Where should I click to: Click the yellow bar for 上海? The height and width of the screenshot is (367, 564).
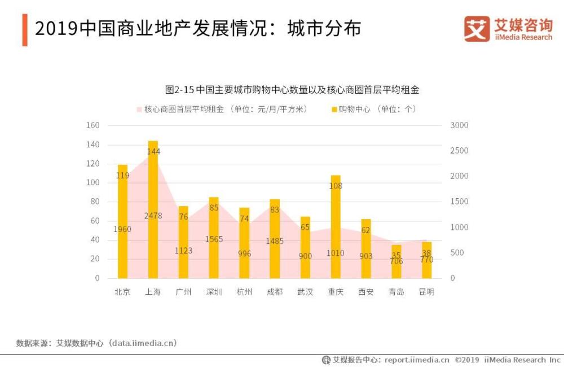153,209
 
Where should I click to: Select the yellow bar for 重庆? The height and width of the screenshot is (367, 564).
336,226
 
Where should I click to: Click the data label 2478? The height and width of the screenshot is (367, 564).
153,216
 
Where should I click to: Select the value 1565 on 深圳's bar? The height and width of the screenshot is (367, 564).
214,239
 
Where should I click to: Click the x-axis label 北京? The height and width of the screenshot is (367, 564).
122,292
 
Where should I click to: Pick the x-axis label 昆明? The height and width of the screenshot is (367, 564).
426,292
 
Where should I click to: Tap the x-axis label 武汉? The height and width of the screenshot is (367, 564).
305,292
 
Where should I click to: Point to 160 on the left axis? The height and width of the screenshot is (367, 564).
92,125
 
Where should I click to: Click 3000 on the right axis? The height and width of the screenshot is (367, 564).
459,125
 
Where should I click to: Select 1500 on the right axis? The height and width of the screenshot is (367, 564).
459,202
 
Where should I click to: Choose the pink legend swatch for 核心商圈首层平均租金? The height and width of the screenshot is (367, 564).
139,110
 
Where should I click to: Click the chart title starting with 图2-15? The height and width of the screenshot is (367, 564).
292,90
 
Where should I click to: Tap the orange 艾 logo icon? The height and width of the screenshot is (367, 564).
477,28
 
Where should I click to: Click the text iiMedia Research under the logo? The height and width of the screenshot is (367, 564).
523,37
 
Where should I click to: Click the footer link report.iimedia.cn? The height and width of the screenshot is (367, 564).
417,360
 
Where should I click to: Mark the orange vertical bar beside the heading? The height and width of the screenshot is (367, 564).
25,30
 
